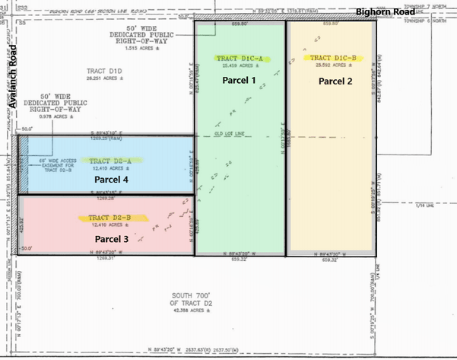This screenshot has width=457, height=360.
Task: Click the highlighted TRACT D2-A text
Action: [x=110, y=161]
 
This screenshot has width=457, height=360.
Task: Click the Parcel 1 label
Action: [x=239, y=80]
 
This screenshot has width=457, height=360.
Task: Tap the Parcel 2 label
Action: [x=335, y=81]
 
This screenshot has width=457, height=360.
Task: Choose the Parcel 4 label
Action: [x=112, y=180]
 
